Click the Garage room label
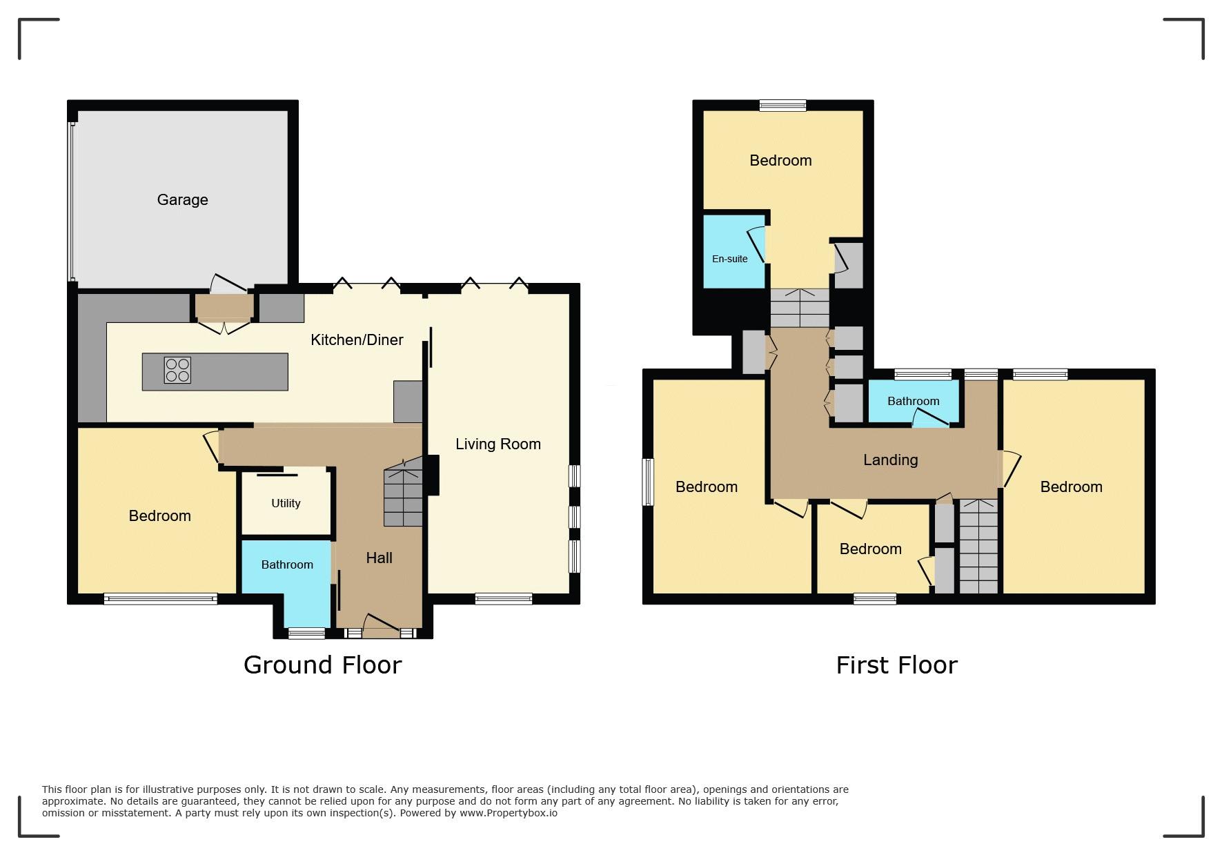point(182,200)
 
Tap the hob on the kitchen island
point(177,370)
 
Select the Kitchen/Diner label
point(357,340)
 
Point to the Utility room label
point(286,503)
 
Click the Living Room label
point(498,444)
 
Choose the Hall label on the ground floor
point(379,558)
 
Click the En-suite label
point(729,259)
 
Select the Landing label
point(890,460)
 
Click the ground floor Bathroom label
point(287,564)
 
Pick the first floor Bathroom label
point(913,401)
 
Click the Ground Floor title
point(322,665)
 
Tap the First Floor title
point(896,665)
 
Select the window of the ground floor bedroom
point(161,599)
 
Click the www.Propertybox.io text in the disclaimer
point(509,813)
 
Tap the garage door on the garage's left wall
point(72,202)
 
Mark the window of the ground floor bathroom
point(306,633)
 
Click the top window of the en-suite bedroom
point(782,106)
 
